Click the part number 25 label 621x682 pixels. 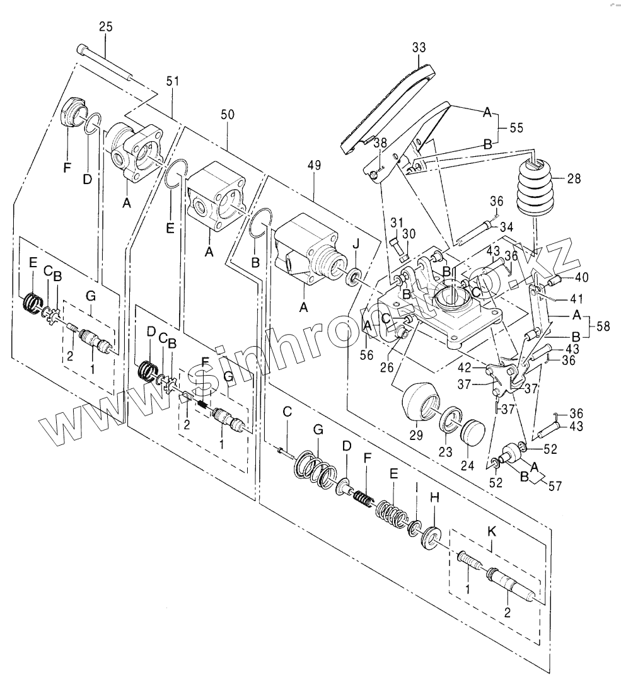[x=106, y=27]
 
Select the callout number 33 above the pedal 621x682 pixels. [x=419, y=47]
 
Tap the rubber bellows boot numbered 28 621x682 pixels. [x=535, y=188]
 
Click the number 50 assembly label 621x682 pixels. [x=228, y=114]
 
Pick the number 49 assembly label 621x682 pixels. [x=313, y=166]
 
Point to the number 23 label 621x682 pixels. [x=445, y=453]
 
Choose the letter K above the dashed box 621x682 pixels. [x=493, y=532]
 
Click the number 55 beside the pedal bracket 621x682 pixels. [x=517, y=128]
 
